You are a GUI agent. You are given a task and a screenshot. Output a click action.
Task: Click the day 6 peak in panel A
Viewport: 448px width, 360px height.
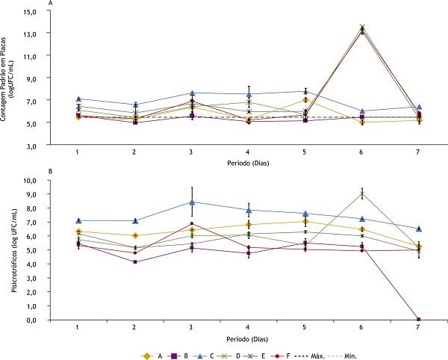coord(362,29)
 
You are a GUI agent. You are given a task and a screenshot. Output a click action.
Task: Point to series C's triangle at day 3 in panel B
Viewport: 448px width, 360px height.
coord(192,202)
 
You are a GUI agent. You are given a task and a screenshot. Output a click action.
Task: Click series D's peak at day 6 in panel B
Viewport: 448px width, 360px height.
coord(362,194)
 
